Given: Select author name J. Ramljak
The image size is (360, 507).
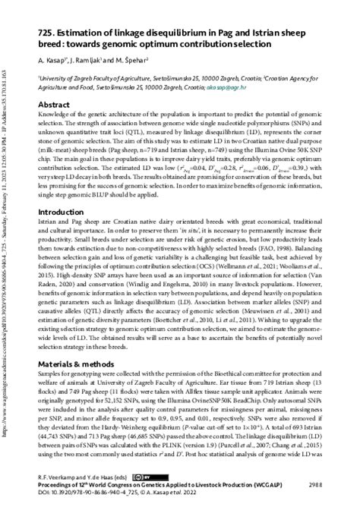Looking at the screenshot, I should click(x=90, y=59).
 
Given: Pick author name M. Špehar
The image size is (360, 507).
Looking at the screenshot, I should click(x=136, y=59).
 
